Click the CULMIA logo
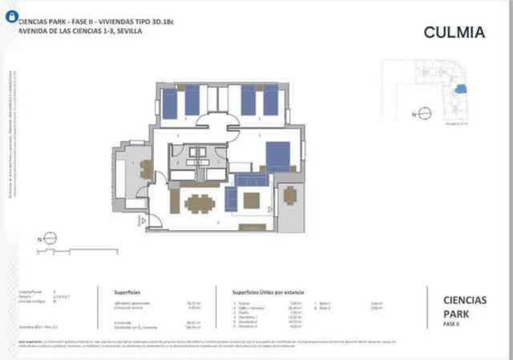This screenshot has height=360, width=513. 454,33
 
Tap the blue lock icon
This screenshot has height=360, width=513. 11,17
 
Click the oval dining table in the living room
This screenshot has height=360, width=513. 199,204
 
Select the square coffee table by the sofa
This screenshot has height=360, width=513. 252,200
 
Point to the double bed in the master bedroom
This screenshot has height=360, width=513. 277,156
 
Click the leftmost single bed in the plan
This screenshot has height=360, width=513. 170,102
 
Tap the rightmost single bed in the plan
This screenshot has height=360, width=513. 271,100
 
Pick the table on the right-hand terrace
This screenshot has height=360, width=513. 289,195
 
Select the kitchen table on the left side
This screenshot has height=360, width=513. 147,169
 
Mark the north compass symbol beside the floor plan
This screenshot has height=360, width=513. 49,237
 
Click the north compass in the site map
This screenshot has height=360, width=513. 425,114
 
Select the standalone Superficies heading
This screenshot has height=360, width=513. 128,293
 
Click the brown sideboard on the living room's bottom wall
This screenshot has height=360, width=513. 252,227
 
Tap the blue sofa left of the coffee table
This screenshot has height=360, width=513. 232,198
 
